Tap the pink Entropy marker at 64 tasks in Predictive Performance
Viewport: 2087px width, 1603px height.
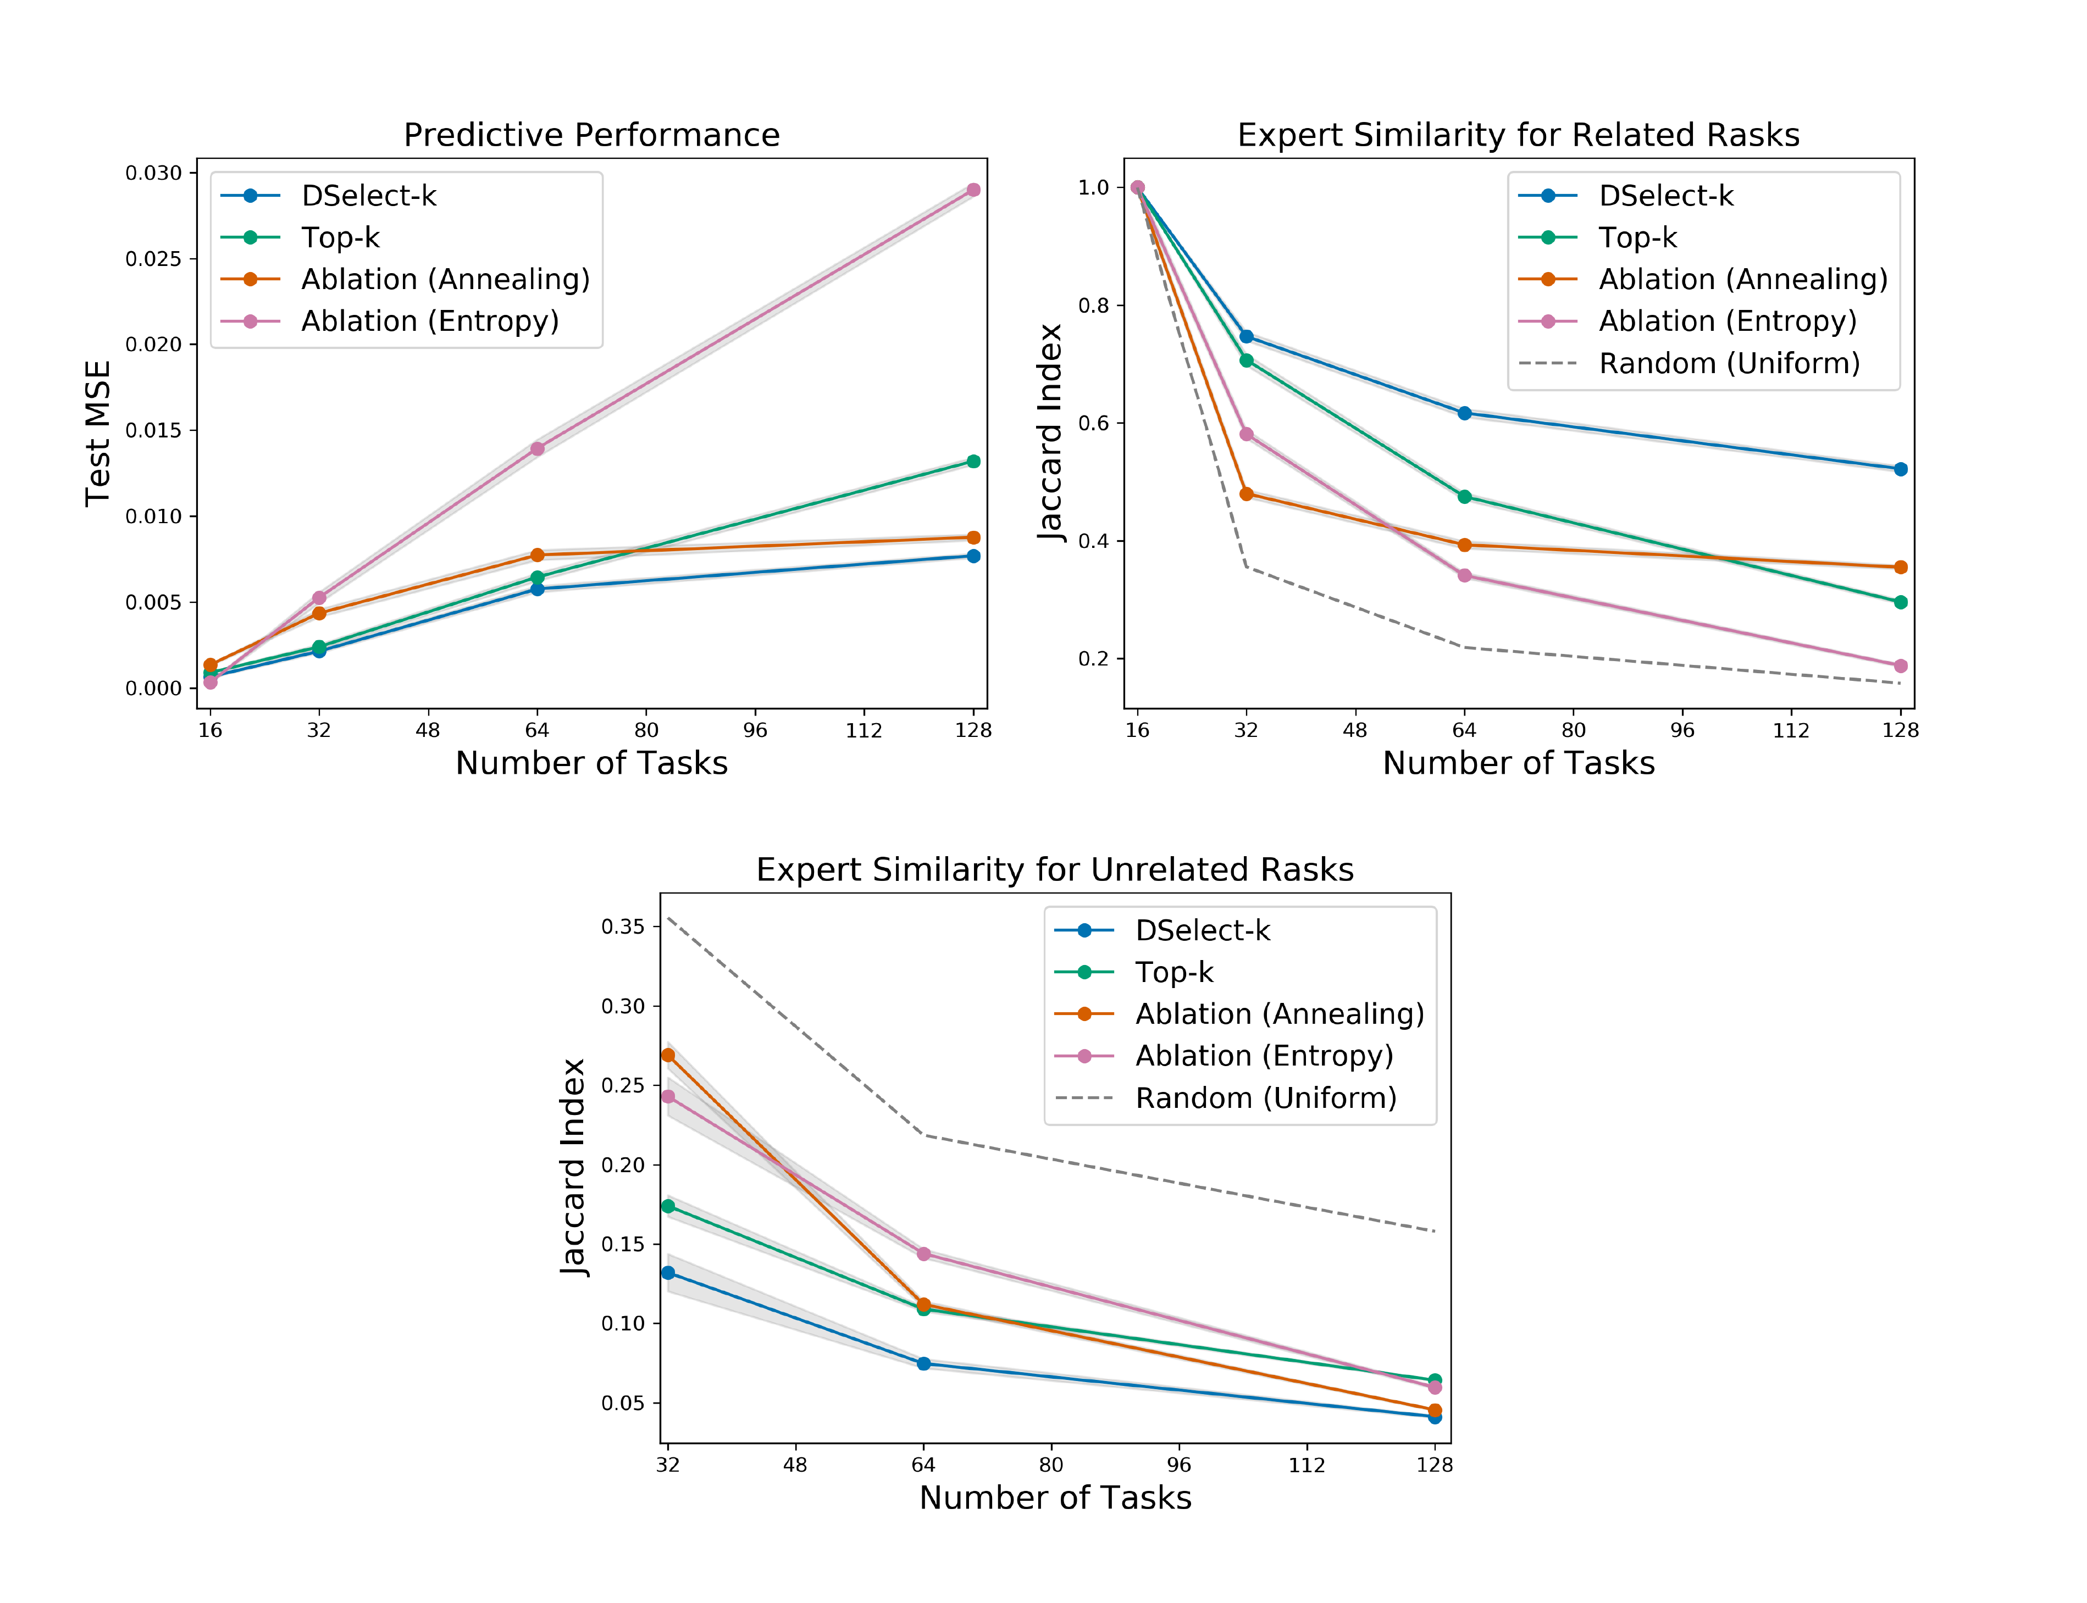click(x=537, y=448)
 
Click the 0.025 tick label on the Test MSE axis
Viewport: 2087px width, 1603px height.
click(x=154, y=259)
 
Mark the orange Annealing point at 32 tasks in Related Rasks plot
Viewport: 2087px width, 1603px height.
click(x=1245, y=494)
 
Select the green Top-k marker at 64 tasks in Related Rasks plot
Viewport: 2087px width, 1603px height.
click(x=1464, y=497)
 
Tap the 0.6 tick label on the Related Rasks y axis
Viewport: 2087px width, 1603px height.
click(x=1094, y=423)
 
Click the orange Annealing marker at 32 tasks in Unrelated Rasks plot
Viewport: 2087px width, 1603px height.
click(x=668, y=1055)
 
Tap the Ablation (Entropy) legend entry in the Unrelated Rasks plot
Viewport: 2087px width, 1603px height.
click(x=1264, y=1056)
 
